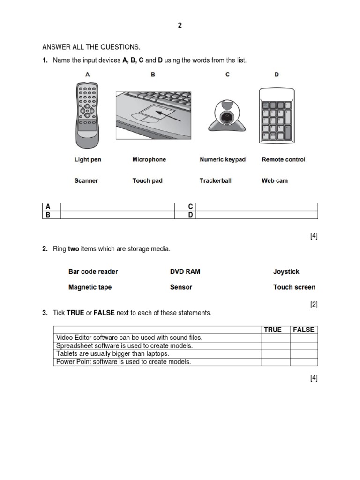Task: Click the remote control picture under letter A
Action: pos(87,115)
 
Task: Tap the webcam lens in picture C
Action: pos(227,116)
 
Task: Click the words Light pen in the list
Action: pos(88,159)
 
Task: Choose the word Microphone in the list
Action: pos(149,159)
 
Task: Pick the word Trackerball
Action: pos(216,180)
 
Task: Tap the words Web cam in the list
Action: pos(275,180)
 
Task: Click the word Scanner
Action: pos(86,180)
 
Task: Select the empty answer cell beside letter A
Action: pos(117,207)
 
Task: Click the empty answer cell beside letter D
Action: pos(257,215)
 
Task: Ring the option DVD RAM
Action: pos(185,271)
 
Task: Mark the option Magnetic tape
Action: pos(90,287)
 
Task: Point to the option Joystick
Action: pos(286,271)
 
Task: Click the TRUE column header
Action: pos(273,330)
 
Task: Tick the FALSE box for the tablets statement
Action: pos(304,354)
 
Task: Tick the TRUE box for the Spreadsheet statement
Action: pos(275,346)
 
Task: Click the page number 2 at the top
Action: pos(180,26)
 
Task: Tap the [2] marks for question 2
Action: pos(314,305)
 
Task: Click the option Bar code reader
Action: pos(93,271)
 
